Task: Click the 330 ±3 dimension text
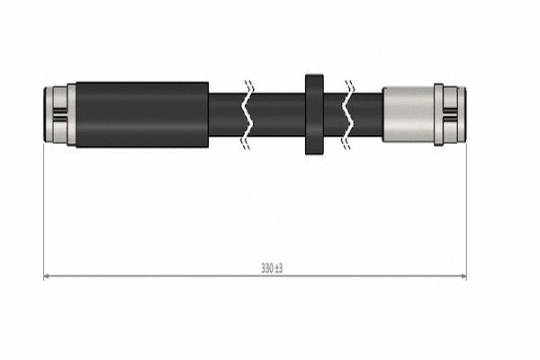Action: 272,268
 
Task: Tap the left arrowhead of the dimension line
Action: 47,276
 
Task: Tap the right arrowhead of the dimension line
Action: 463,276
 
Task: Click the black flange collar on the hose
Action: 313,114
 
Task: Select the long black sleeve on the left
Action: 142,114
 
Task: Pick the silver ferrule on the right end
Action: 407,114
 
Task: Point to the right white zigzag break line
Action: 349,114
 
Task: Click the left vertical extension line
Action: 43,207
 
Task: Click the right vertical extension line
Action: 466,207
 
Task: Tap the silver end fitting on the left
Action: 55,114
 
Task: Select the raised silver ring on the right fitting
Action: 438,114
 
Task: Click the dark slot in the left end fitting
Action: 55,114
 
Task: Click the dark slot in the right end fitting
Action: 455,114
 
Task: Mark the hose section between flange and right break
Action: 334,114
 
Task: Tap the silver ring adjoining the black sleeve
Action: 71,114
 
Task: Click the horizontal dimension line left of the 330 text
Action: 153,276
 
